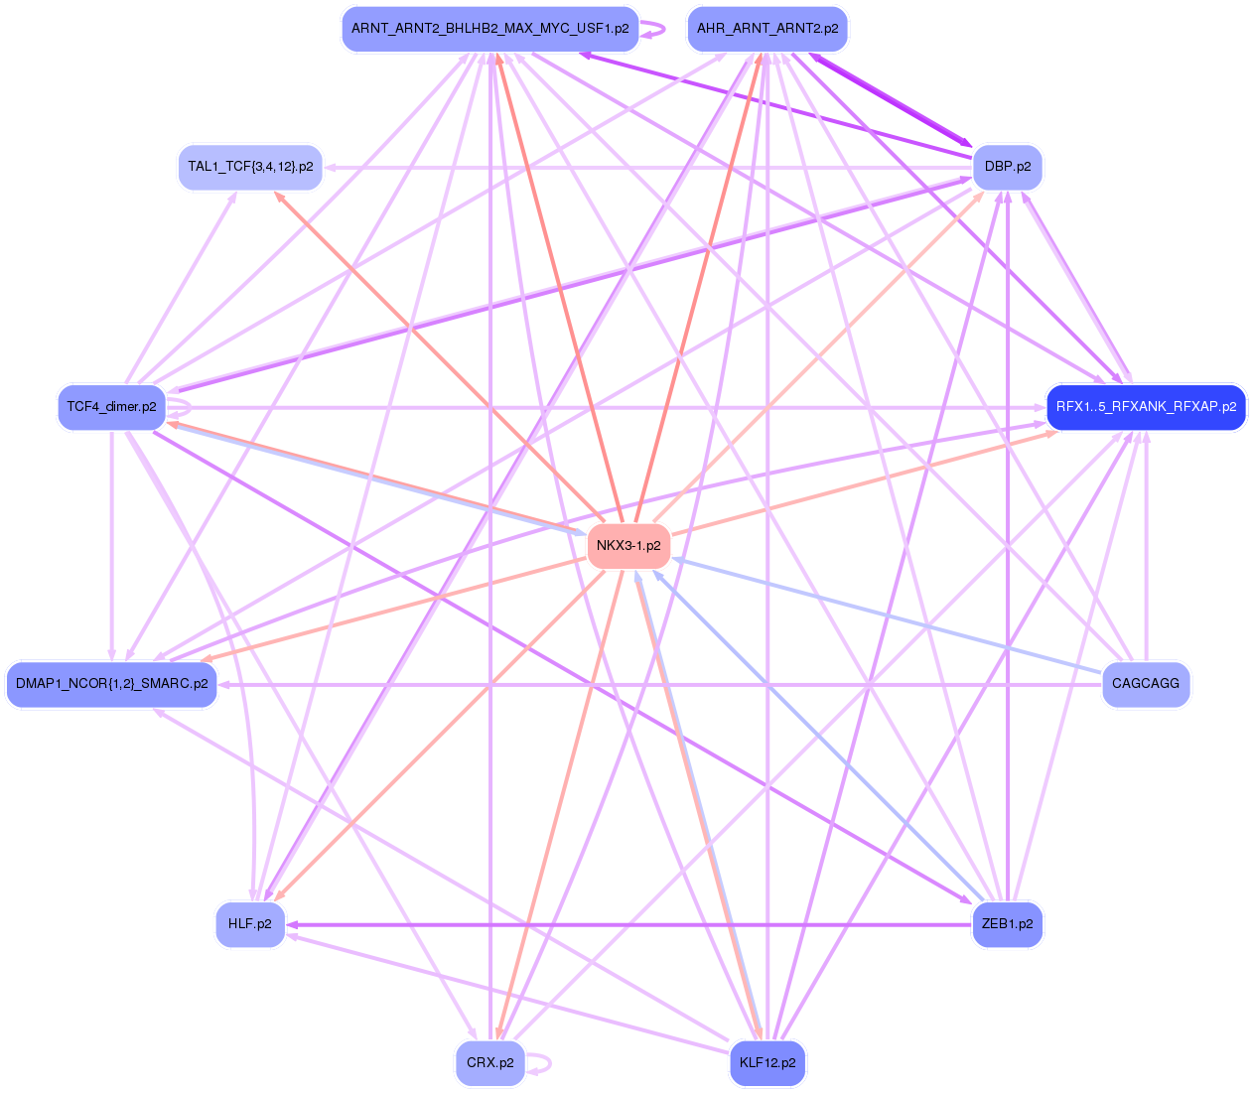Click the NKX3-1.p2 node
628,546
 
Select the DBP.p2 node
1008,167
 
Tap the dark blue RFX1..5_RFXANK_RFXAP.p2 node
1146,407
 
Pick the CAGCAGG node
1146,684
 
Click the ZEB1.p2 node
1007,924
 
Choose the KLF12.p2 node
767,1063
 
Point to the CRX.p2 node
489,1063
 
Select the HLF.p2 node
250,924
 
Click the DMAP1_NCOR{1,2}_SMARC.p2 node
111,684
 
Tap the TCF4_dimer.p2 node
111,407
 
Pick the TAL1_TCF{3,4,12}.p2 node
250,167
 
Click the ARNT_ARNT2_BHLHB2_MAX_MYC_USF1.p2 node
489,29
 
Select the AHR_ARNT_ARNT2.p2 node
767,29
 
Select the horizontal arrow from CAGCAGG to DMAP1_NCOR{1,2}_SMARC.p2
655,684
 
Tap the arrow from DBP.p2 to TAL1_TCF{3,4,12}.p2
645,167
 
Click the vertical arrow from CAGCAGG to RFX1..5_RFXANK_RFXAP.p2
1146,546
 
